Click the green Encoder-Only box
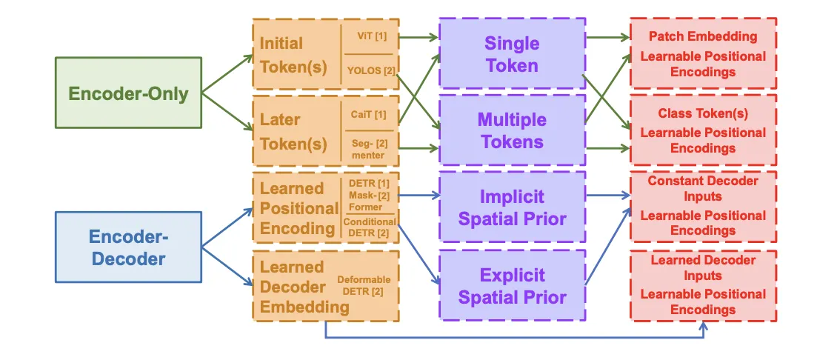128,93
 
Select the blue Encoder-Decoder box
128,247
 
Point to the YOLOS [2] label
370,70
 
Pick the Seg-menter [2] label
368,149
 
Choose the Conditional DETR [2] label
370,227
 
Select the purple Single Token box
512,54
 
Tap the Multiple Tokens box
512,131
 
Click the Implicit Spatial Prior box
512,207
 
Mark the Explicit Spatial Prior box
512,286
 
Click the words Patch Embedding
703,36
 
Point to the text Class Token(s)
703,113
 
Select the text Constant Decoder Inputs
703,188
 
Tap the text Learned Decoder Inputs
703,267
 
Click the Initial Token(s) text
293,55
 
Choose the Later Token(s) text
293,131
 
